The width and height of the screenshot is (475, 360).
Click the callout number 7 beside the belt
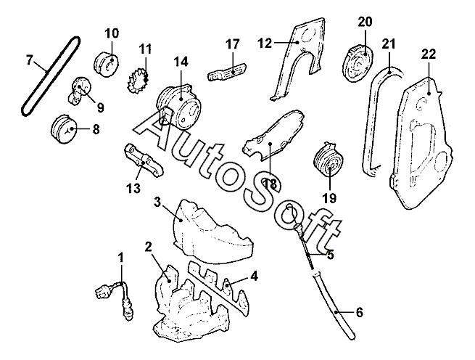[30, 59]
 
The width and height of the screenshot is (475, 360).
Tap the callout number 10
[112, 33]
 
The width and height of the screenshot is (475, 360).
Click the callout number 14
[180, 62]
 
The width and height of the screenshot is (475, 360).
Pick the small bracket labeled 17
[224, 71]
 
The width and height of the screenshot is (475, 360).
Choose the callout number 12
[264, 43]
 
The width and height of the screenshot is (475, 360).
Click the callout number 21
[389, 44]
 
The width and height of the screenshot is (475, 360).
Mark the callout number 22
[428, 54]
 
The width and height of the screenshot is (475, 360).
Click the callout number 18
[270, 184]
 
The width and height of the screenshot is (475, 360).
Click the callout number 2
[148, 247]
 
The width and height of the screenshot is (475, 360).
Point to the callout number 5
[330, 255]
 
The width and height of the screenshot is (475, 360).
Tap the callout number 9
[100, 107]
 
